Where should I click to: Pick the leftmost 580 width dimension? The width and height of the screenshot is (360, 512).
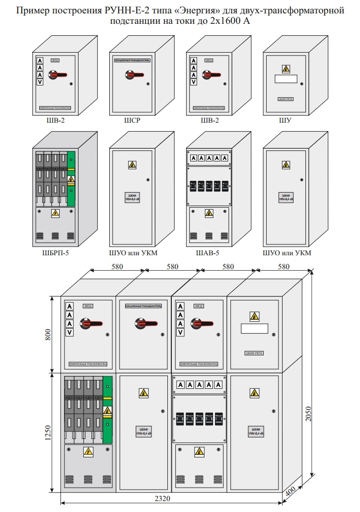(117, 267)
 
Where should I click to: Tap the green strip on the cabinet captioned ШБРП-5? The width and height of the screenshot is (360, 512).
(71, 178)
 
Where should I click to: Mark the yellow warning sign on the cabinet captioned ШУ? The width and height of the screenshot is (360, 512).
(286, 68)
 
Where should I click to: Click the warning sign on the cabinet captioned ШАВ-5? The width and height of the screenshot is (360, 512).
(209, 213)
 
